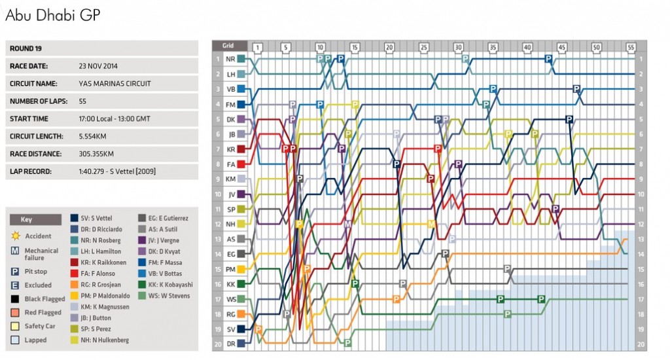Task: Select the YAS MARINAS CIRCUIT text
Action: [115, 84]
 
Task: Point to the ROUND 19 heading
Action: [26, 48]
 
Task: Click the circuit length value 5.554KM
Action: [92, 136]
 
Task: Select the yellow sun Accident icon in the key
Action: [14, 236]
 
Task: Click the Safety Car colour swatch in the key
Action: [14, 326]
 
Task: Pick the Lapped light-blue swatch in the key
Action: [14, 340]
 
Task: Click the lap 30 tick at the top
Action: [458, 47]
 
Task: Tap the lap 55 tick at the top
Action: [631, 47]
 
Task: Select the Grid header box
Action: [229, 46]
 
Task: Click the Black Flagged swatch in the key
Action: [14, 299]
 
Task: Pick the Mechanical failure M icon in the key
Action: [14, 251]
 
